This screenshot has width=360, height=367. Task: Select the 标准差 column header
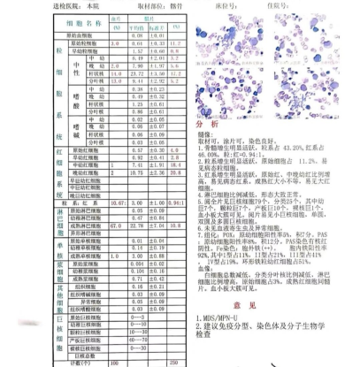pyautogui.click(x=160, y=27)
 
